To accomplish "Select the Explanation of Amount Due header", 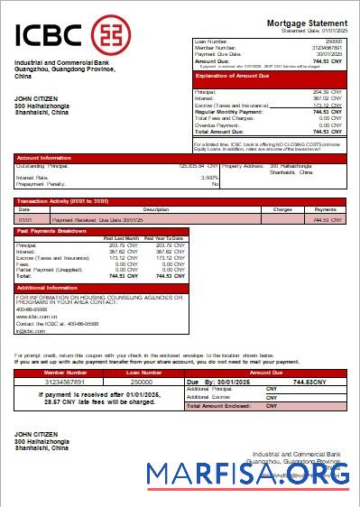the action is (x=234, y=77).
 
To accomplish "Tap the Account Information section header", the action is (x=46, y=157).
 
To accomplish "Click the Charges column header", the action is (x=282, y=209).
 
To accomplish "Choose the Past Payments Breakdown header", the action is (x=51, y=232).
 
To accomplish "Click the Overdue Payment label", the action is (x=219, y=124).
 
